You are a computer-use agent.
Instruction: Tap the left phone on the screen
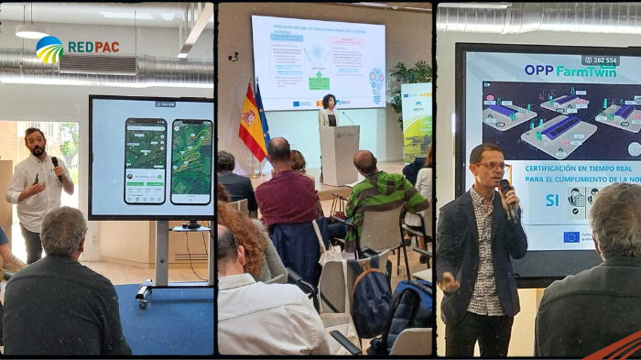(x=146, y=161)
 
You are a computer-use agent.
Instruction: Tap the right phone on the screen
(x=191, y=162)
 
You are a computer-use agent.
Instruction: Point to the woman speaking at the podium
(x=329, y=111)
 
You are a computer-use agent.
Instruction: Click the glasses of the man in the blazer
(x=492, y=166)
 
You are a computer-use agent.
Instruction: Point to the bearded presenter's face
(x=36, y=145)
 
